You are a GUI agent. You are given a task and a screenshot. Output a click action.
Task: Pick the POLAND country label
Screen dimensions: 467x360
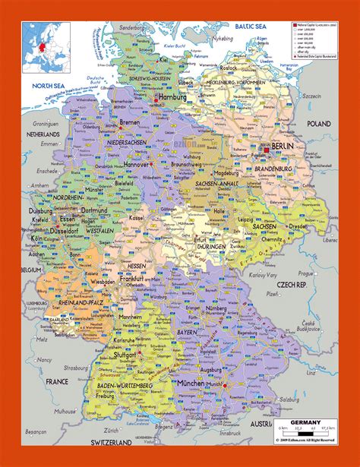(x=320, y=122)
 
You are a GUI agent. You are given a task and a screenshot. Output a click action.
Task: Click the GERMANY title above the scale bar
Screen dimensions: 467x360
(x=303, y=422)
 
